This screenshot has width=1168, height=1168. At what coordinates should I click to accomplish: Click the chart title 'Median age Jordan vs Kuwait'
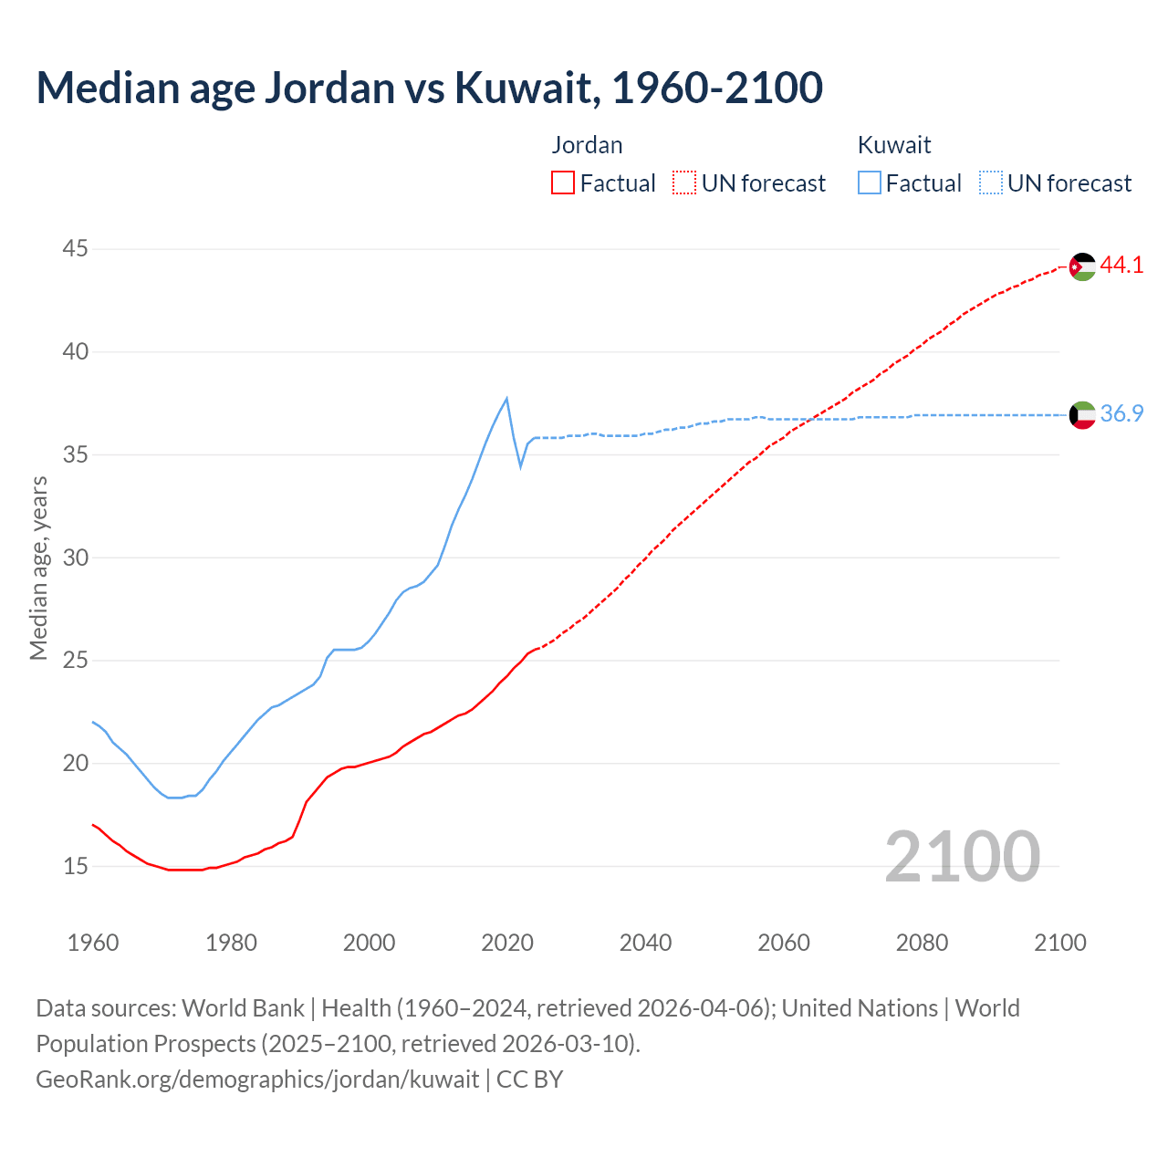coord(429,88)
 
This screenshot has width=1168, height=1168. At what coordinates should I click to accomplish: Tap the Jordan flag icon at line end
coord(1082,266)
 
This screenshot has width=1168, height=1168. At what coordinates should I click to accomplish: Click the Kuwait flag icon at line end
coord(1082,415)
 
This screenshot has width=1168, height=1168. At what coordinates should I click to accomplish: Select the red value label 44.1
coord(1121,266)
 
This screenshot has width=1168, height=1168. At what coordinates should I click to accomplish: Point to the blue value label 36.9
coord(1121,414)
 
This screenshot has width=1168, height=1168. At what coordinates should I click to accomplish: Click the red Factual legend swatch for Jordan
coord(563,183)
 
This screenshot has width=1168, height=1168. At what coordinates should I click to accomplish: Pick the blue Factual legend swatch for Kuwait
coord(870,183)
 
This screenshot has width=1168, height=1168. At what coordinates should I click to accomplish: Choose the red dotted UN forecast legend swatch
coord(684,183)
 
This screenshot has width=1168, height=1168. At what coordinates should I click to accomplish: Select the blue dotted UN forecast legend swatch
coord(991,183)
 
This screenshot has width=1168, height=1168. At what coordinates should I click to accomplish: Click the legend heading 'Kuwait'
coord(894,145)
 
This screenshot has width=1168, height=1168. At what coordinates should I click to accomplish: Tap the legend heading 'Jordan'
coord(587,145)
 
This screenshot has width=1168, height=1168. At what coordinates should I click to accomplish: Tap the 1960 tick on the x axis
coord(93,943)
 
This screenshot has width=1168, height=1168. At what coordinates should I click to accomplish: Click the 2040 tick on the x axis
coord(645,943)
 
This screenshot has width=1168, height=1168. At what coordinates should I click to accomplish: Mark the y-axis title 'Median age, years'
coord(38,567)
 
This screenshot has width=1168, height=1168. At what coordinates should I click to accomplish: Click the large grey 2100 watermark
coord(963,856)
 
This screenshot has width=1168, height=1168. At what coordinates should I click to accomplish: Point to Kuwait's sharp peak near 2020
coord(506,399)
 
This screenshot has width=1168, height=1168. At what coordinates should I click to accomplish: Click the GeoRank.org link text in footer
coord(257,1079)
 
